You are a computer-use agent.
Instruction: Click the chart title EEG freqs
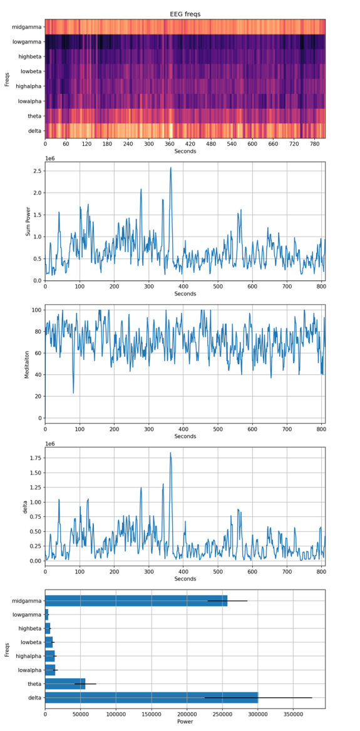click(185, 14)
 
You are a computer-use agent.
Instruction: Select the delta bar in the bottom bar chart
click(152, 697)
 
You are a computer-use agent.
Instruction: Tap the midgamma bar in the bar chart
click(136, 600)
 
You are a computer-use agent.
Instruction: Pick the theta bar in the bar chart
click(65, 683)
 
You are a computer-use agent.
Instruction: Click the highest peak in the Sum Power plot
click(171, 167)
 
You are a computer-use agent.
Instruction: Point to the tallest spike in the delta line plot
click(170, 452)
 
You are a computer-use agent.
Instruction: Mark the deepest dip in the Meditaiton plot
click(73, 393)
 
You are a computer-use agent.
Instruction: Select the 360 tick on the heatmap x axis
click(170, 145)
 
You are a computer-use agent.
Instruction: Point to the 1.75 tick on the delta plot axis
click(34, 458)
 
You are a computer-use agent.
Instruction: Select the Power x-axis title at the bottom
click(185, 721)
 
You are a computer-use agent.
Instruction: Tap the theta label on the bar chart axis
click(35, 684)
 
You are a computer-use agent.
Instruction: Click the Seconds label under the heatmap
click(185, 151)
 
